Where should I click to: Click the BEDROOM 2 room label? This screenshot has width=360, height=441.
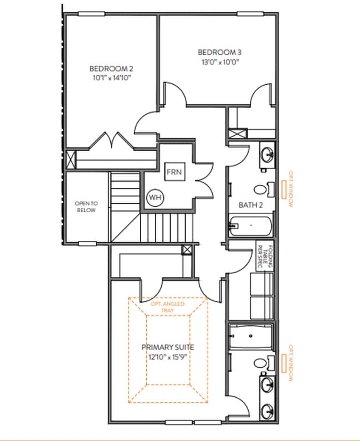click(111, 69)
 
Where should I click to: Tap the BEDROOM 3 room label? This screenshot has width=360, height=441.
click(220, 53)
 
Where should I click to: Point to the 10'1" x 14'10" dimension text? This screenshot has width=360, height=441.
click(111, 78)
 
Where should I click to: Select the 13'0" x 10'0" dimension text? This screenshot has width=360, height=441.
click(220, 62)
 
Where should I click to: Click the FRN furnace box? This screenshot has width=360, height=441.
click(174, 172)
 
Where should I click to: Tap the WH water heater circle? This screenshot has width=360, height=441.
click(154, 197)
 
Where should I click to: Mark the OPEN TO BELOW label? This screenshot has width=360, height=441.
click(85, 207)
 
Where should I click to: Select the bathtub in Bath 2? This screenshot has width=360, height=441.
click(250, 226)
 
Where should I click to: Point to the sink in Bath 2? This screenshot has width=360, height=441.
click(266, 155)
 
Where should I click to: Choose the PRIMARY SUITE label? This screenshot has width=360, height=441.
click(168, 347)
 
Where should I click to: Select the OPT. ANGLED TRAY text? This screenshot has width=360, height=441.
click(168, 307)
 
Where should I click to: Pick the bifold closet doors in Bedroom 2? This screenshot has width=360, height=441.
click(114, 141)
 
